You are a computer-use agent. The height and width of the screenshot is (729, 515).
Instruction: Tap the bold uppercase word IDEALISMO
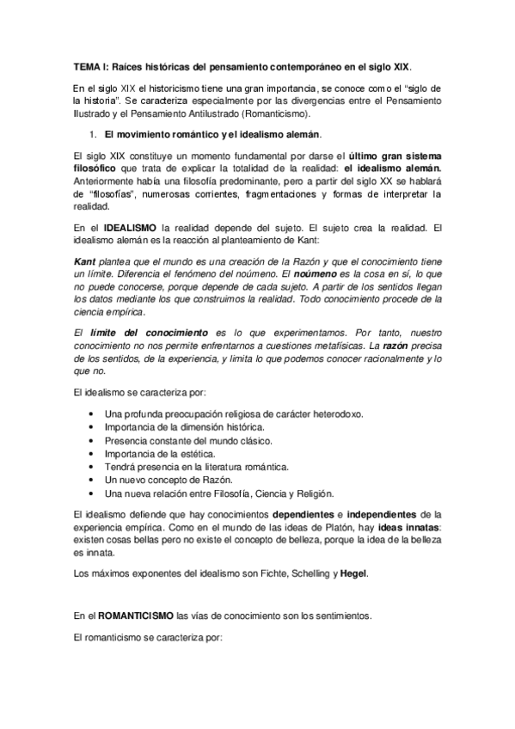tap(120, 227)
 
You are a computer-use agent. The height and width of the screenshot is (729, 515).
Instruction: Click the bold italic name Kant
tap(83, 260)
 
